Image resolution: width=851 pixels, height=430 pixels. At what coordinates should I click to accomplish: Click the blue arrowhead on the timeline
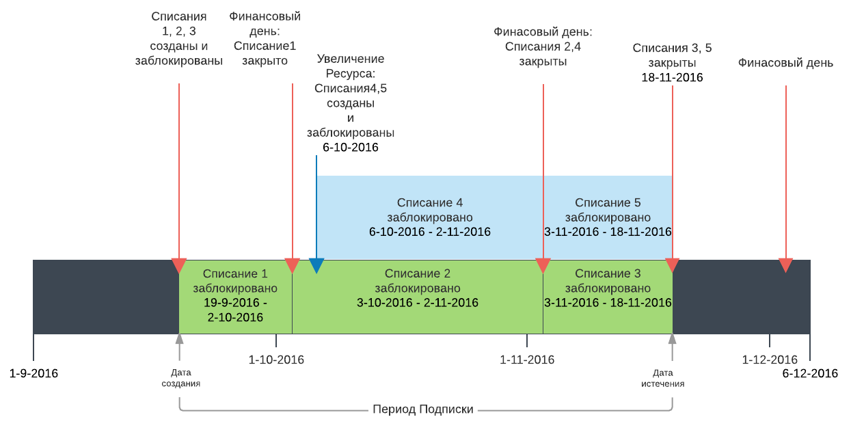[316, 265]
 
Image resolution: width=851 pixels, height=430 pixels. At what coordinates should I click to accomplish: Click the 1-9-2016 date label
[33, 373]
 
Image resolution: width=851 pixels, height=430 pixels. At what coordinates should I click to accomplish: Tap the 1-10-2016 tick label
[276, 360]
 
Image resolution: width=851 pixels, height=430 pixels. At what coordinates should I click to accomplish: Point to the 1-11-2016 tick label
[527, 360]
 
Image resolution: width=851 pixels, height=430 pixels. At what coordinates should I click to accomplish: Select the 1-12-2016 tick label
[770, 360]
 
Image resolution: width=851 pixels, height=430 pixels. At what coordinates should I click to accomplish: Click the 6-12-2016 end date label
[810, 373]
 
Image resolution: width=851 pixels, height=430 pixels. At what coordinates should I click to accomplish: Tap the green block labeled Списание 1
[236, 297]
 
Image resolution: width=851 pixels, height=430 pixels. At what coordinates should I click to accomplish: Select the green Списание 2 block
[418, 297]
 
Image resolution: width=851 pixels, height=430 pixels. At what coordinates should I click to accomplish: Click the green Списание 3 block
[608, 297]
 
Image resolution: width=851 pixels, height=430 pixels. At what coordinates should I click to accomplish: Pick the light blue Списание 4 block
[430, 217]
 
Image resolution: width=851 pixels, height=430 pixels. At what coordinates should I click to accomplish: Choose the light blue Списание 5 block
[608, 217]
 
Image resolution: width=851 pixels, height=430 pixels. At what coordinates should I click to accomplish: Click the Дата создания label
[181, 378]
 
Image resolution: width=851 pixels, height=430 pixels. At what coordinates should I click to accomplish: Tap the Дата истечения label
[663, 378]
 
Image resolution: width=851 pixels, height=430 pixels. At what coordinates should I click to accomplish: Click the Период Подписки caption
[423, 409]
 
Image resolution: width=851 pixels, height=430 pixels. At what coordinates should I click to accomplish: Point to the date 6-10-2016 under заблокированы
[350, 148]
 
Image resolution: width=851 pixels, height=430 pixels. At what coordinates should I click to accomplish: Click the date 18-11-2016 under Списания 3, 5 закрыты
[672, 77]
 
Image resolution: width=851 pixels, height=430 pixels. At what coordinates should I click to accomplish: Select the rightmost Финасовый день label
[785, 63]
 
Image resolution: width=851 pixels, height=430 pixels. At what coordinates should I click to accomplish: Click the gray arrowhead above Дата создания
[179, 338]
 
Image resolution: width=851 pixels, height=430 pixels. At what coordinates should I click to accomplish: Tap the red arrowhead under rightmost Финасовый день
[785, 265]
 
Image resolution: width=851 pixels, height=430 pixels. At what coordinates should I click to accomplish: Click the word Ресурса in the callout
[350, 73]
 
